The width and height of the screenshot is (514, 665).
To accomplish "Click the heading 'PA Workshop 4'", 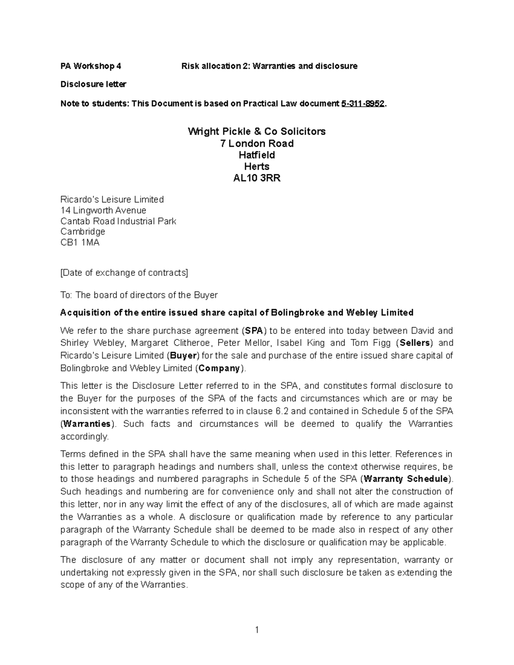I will click(90, 66).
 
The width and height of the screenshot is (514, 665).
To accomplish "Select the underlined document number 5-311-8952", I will click(362, 104).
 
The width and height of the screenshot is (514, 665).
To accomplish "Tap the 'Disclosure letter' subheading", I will click(93, 84).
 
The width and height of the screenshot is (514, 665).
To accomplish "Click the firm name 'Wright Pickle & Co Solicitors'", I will click(257, 131).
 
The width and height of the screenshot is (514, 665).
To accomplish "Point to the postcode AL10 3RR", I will click(257, 178).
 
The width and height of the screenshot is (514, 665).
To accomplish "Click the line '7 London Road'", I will click(257, 143).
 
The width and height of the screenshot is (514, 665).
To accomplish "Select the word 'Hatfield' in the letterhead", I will click(257, 155).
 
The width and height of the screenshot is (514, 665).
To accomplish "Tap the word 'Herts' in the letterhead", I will click(257, 167).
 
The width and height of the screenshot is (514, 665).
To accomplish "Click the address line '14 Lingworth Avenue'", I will click(103, 210).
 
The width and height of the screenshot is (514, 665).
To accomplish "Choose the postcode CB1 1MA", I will click(80, 242).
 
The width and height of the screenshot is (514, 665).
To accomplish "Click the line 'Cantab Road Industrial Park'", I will click(118, 221).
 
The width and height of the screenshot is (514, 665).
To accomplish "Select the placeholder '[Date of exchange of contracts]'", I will click(124, 273).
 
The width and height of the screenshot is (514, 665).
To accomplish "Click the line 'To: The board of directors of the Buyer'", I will click(139, 295).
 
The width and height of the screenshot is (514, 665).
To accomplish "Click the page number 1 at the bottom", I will click(257, 630).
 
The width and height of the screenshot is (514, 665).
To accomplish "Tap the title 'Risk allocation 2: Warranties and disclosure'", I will click(269, 66).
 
